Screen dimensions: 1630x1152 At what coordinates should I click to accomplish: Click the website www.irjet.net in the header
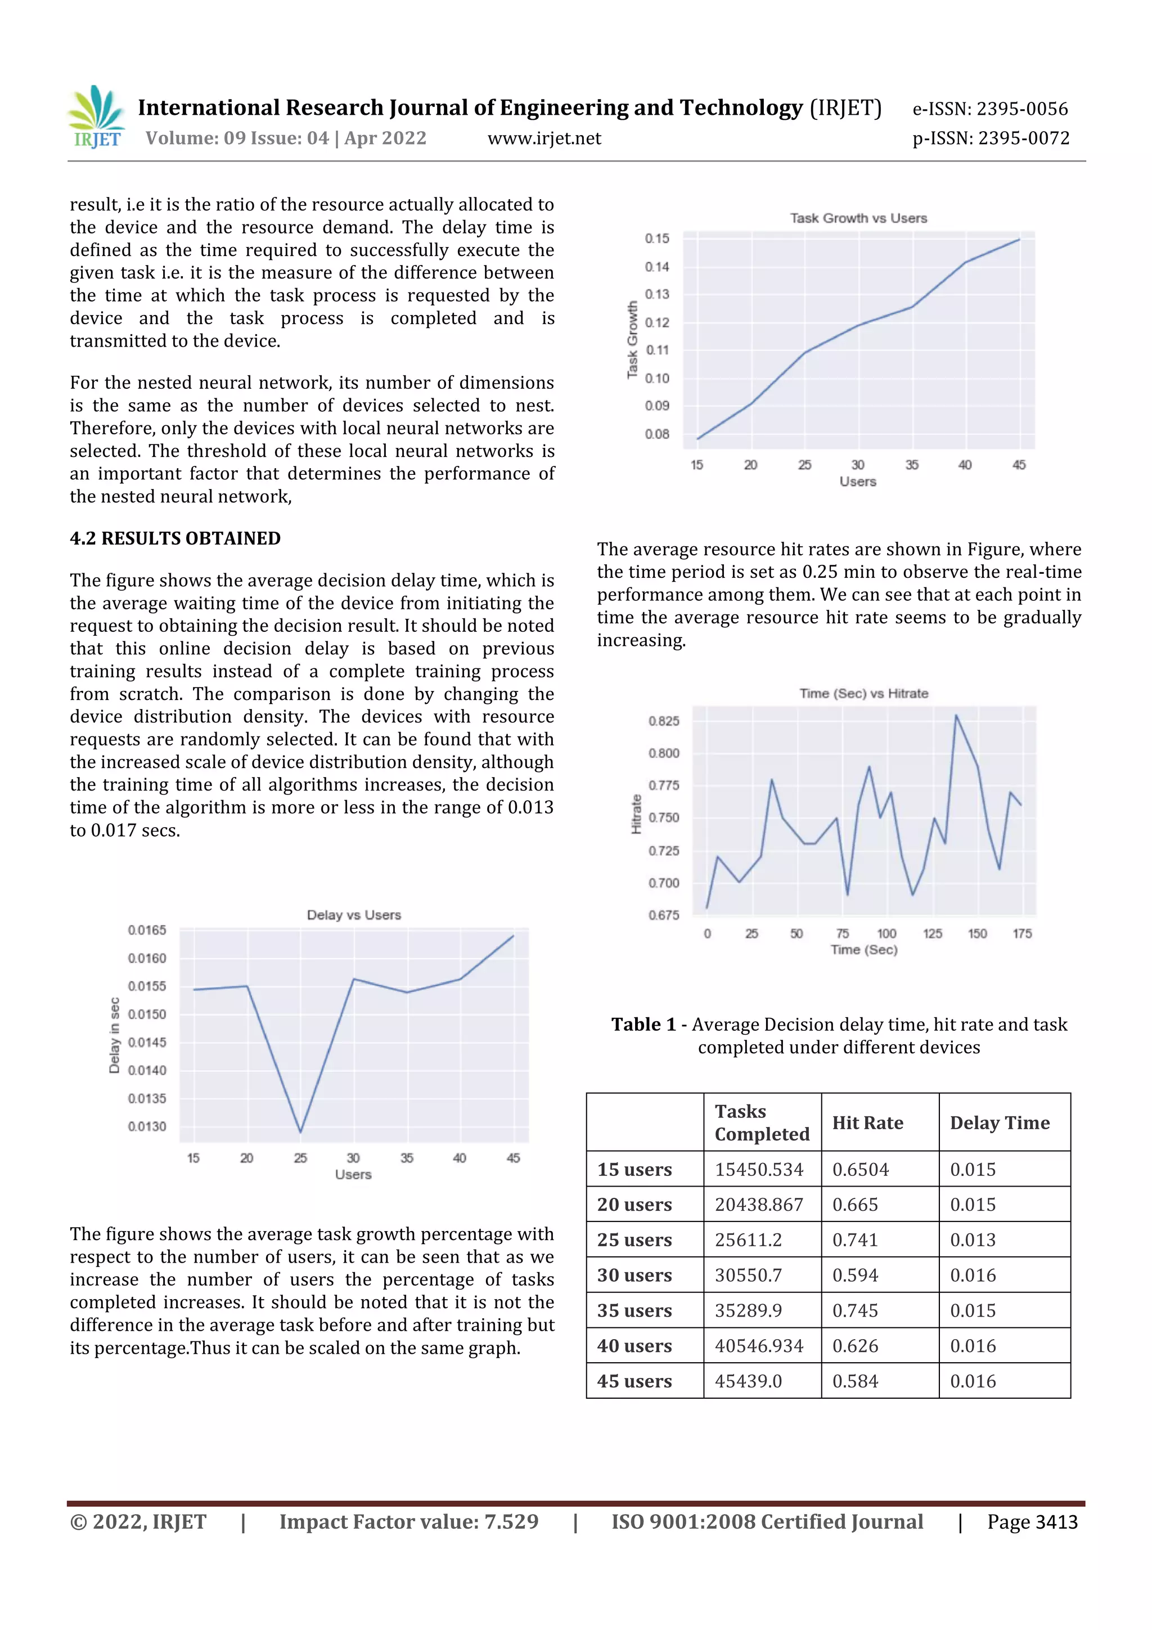pos(544,138)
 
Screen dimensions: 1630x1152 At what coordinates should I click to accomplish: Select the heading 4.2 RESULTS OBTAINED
pos(174,538)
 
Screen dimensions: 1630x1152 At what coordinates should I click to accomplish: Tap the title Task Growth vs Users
pos(858,218)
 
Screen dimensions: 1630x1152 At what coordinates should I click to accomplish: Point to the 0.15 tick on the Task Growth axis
pos(656,239)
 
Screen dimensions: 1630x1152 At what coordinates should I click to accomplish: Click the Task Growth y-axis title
pos(632,339)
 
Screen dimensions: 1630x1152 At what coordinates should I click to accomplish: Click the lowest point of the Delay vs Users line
pos(300,1131)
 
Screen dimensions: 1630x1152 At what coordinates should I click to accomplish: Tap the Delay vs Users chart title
pos(353,915)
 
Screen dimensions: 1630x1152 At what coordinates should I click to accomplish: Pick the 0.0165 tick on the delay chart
pos(147,930)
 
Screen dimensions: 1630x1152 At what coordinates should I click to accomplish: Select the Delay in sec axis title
pos(114,1035)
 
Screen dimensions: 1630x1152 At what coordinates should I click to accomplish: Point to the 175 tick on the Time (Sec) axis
pos(1022,933)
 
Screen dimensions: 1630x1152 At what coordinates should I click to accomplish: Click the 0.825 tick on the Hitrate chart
pos(664,721)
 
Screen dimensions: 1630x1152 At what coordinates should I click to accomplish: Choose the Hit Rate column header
pos(867,1122)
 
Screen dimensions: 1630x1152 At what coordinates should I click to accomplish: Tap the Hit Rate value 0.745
pos(856,1310)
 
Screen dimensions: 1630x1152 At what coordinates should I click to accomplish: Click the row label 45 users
pos(634,1381)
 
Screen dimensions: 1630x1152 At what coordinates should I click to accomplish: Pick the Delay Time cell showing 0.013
pos(973,1240)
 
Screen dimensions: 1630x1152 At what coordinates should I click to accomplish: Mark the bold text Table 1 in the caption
pos(643,1025)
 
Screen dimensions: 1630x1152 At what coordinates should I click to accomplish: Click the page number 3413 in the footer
pos(1056,1522)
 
